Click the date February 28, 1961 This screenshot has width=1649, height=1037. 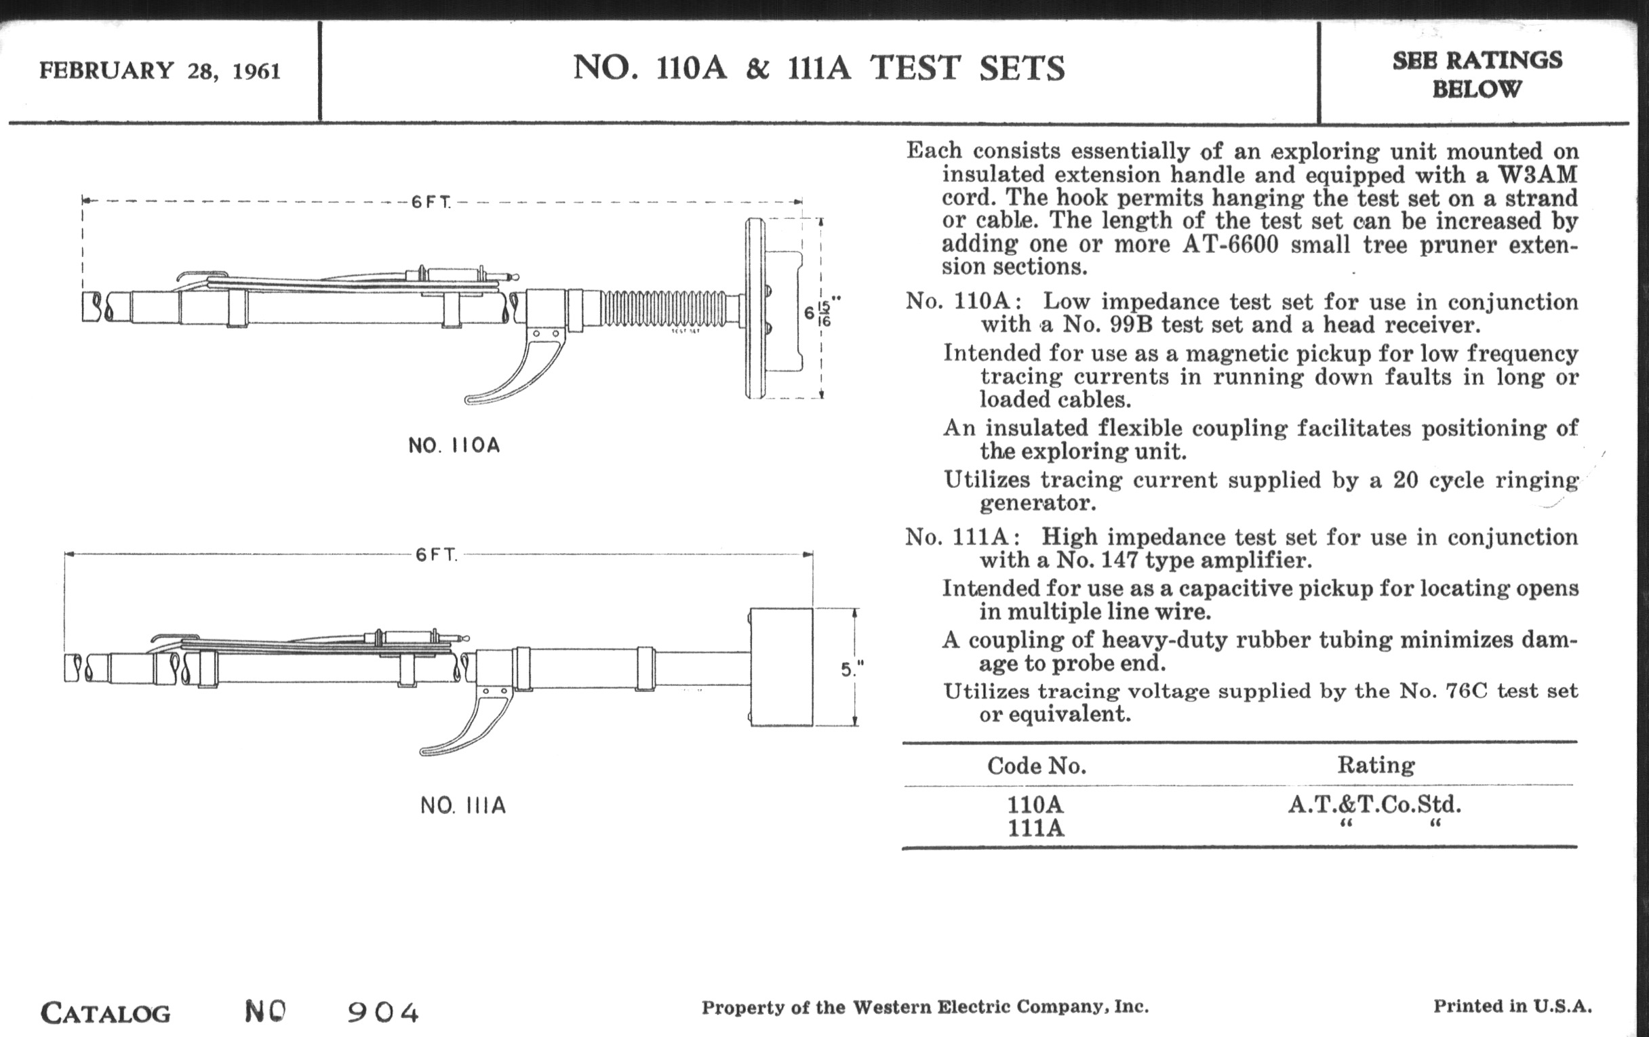(159, 70)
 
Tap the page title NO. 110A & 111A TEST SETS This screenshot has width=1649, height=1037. (818, 68)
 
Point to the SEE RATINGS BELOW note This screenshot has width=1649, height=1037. (1477, 74)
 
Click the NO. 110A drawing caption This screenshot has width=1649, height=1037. (454, 445)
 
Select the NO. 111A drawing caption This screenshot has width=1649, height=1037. (463, 806)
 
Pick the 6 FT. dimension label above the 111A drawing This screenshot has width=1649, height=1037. (436, 554)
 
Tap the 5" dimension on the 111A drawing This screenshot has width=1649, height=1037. (851, 670)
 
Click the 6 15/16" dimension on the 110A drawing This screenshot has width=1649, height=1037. (820, 312)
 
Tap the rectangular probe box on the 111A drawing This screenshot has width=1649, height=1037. (781, 667)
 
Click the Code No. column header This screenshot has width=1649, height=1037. (1036, 765)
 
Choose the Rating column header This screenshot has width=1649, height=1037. (1376, 765)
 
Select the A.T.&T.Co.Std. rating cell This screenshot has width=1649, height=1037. (1374, 804)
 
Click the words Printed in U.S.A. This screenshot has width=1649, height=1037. (1513, 1006)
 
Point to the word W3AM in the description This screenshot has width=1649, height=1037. (1537, 175)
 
